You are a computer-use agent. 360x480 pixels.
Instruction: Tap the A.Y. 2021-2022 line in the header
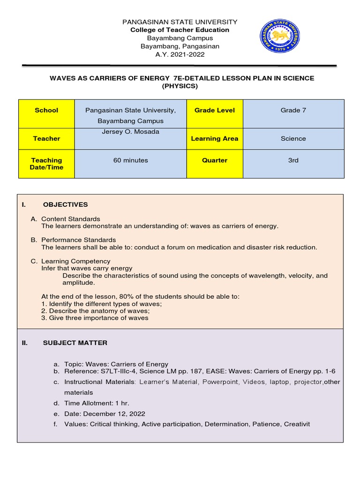pyautogui.click(x=180, y=55)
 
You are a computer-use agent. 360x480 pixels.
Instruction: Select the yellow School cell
pyautogui.click(x=46, y=110)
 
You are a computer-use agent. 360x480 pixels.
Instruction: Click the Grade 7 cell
pyautogui.click(x=293, y=110)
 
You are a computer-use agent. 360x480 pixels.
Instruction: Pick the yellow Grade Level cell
pyautogui.click(x=214, y=110)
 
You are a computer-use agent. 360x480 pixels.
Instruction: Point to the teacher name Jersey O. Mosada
pyautogui.click(x=130, y=132)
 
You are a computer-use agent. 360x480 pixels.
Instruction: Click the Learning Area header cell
pyautogui.click(x=214, y=139)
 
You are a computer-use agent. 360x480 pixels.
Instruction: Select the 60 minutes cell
pyautogui.click(x=130, y=160)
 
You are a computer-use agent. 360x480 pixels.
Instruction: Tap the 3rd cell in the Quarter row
pyautogui.click(x=293, y=160)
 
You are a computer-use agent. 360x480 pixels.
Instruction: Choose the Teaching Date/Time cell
pyautogui.click(x=46, y=164)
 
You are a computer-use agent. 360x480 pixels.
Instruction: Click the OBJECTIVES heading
pyautogui.click(x=65, y=205)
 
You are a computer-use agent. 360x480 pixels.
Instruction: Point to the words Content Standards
pyautogui.click(x=70, y=219)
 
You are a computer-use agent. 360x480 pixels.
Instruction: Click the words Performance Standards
pyautogui.click(x=78, y=240)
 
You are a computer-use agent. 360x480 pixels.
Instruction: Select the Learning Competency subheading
pyautogui.click(x=75, y=261)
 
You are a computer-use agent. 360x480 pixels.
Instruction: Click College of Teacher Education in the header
pyautogui.click(x=180, y=30)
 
